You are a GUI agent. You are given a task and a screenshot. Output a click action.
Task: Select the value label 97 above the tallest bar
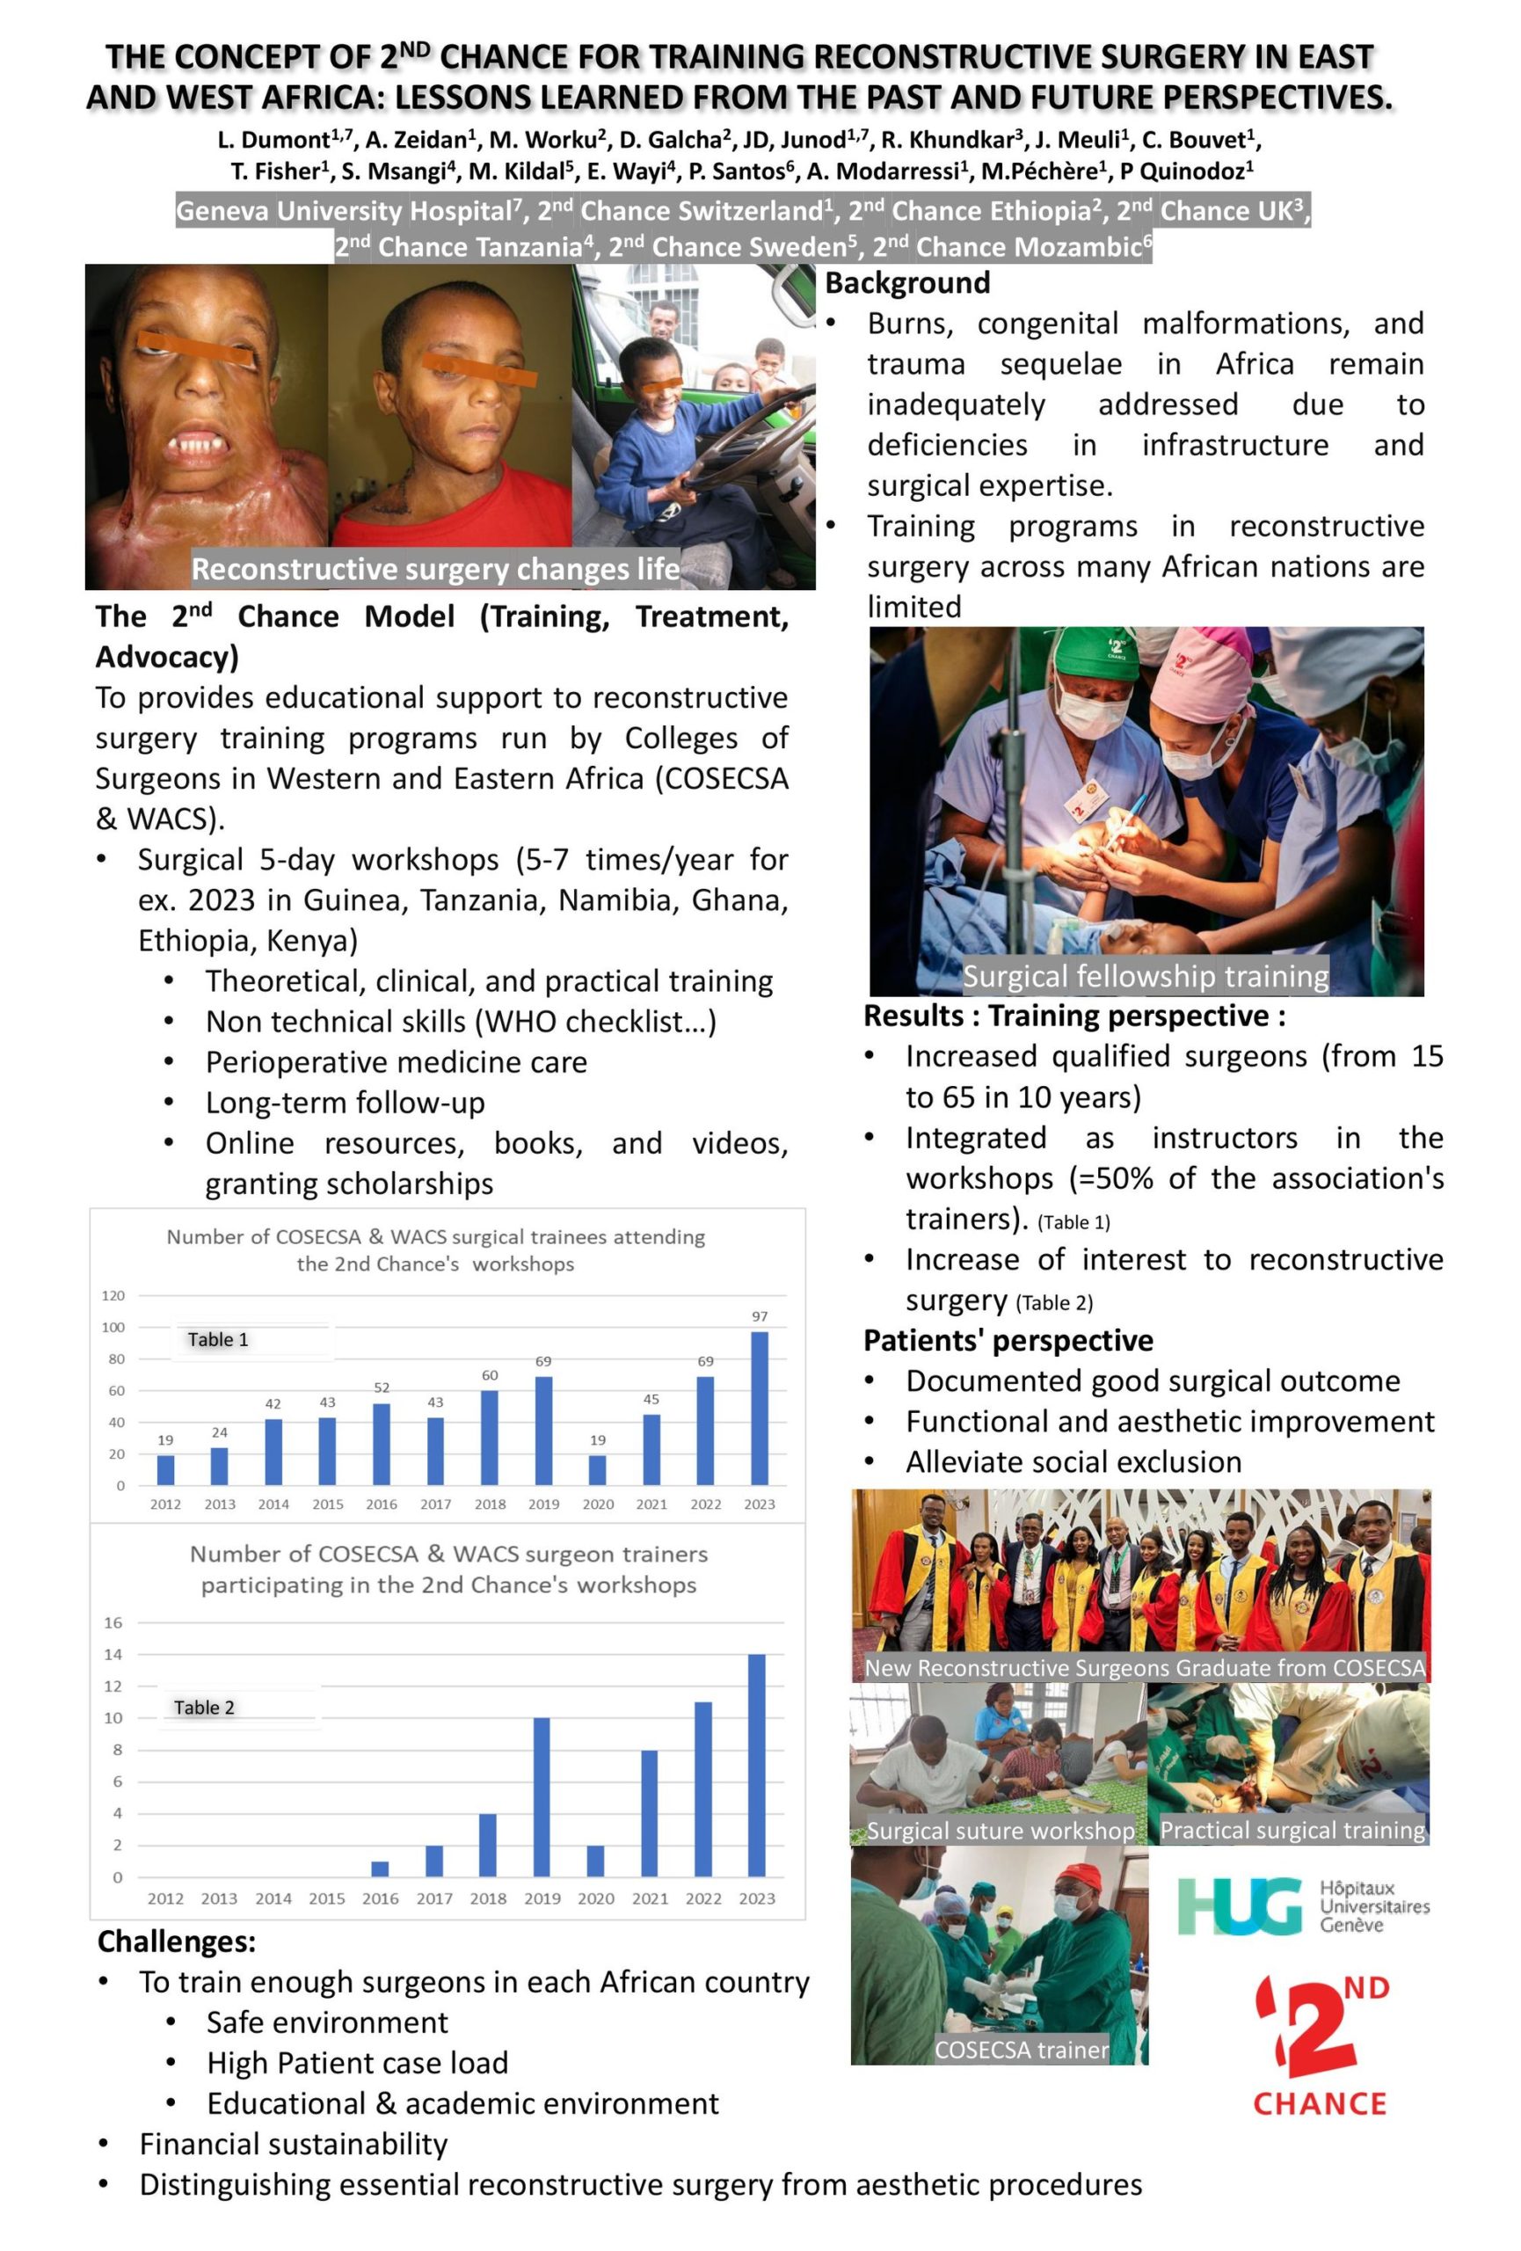coord(759,1316)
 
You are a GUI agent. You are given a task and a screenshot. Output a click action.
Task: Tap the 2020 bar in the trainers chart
coord(595,1861)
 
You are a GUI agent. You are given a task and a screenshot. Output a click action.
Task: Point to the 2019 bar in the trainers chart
coord(542,1796)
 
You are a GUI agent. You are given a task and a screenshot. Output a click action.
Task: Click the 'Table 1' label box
coord(218,1339)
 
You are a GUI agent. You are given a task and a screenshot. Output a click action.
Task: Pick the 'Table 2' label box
coord(204,1708)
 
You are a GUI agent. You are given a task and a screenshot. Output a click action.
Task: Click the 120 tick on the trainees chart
coord(113,1296)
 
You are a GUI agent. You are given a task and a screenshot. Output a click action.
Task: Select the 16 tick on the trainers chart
coord(113,1622)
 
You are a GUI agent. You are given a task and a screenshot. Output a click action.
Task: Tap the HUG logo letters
coord(1240,1906)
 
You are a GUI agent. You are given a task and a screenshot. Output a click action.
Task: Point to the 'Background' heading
coord(907,283)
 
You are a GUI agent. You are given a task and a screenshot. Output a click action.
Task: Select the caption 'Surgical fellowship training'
coord(1146,975)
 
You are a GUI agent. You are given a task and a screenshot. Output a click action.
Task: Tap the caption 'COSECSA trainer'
coord(1021,2050)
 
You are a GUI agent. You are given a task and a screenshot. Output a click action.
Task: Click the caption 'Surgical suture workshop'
coord(1001,1831)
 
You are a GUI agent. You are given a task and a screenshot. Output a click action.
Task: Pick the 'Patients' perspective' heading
coord(1008,1341)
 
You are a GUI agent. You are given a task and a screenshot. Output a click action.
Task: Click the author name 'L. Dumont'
coord(273,140)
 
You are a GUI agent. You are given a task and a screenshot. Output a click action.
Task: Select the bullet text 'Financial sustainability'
coord(294,2145)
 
